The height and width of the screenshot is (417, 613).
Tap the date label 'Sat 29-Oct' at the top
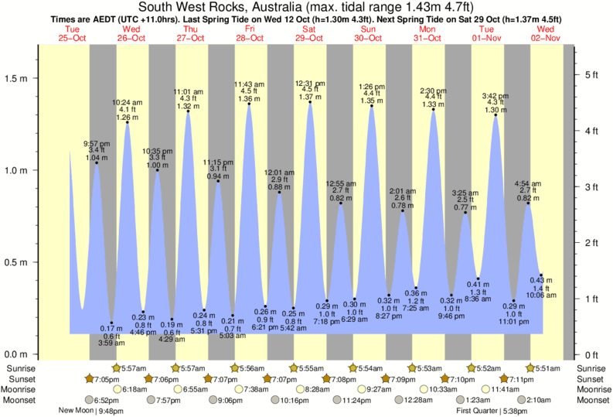(x=309, y=33)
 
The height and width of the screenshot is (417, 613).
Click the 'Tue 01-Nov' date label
(x=486, y=33)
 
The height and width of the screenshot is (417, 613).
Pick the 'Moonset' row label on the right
(x=593, y=400)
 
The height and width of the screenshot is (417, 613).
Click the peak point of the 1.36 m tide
(x=249, y=104)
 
